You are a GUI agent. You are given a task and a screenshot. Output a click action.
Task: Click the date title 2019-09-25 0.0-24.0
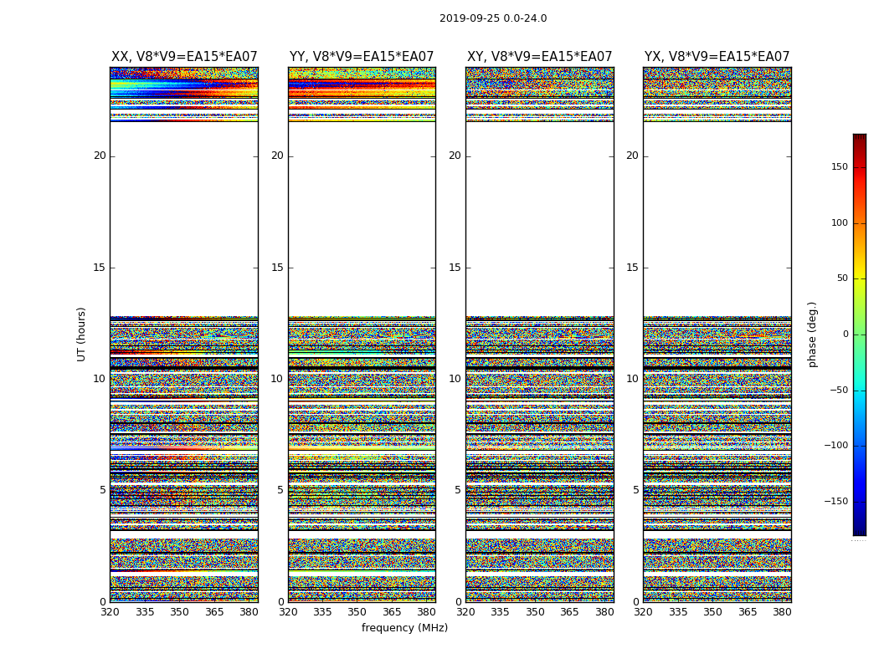(x=493, y=18)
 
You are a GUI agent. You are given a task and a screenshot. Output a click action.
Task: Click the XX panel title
(x=184, y=57)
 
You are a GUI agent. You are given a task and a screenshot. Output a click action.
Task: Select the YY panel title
(x=362, y=57)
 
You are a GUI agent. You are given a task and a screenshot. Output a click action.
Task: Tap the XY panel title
(x=539, y=57)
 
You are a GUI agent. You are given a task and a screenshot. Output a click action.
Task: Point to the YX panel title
(x=717, y=57)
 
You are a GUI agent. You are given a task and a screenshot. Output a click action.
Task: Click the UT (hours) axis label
(x=82, y=334)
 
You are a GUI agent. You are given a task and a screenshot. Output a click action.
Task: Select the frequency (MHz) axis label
(x=404, y=628)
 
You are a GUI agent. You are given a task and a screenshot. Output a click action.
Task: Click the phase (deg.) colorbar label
(x=812, y=334)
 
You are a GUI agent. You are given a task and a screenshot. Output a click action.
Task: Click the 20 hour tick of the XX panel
(x=100, y=156)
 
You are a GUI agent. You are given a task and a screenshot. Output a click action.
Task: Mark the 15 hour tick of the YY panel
(x=277, y=268)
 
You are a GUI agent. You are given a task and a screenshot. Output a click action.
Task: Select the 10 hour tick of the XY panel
(x=455, y=379)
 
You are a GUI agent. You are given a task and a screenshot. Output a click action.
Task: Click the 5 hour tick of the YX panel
(x=635, y=490)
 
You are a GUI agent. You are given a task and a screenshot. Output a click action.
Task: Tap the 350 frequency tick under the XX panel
(x=179, y=612)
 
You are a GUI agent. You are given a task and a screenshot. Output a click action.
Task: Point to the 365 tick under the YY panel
(x=392, y=612)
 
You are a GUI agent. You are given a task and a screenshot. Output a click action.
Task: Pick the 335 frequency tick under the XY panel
(x=500, y=612)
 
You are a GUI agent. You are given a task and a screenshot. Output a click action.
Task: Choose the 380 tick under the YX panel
(x=782, y=612)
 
